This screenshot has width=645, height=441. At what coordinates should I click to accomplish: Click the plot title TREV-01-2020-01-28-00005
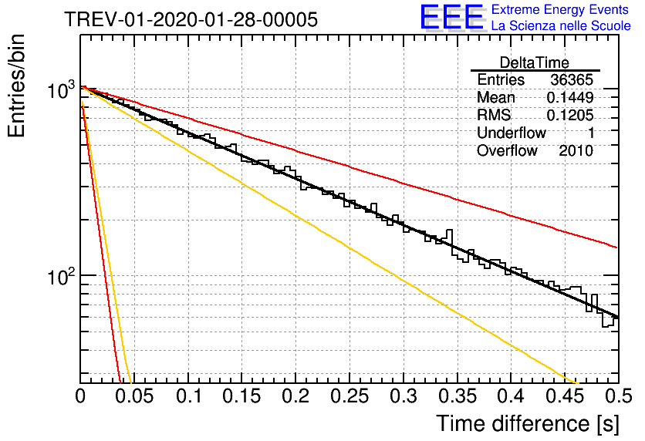tap(191, 19)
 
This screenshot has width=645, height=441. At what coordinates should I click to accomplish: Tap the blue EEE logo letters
tap(451, 17)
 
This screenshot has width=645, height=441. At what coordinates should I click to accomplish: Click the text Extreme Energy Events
tap(560, 9)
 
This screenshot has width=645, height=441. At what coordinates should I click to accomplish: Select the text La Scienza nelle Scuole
tap(561, 25)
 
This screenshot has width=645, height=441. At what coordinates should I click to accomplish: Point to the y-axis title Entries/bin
tap(16, 86)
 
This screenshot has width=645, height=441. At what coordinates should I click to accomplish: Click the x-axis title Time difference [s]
tap(528, 423)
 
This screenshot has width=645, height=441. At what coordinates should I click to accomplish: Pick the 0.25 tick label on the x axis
tap(350, 396)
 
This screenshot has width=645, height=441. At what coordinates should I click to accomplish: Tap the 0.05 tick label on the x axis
tap(134, 396)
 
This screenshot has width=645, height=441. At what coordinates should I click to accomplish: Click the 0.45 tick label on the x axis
tap(565, 396)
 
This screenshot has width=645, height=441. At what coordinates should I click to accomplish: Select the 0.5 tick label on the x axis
tap(618, 396)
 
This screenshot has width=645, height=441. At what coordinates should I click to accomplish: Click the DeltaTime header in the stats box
tap(535, 62)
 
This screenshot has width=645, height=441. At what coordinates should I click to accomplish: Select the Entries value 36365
tap(572, 79)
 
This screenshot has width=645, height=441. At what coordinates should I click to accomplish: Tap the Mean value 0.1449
tap(570, 97)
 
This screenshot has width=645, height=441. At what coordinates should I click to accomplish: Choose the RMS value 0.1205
tap(570, 116)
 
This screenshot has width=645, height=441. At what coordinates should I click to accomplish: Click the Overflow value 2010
tap(576, 151)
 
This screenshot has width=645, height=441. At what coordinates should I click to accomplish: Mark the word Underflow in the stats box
tap(512, 133)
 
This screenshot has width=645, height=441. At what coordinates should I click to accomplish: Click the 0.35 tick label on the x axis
tap(458, 396)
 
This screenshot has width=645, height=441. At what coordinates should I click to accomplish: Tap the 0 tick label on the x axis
tap(80, 396)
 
